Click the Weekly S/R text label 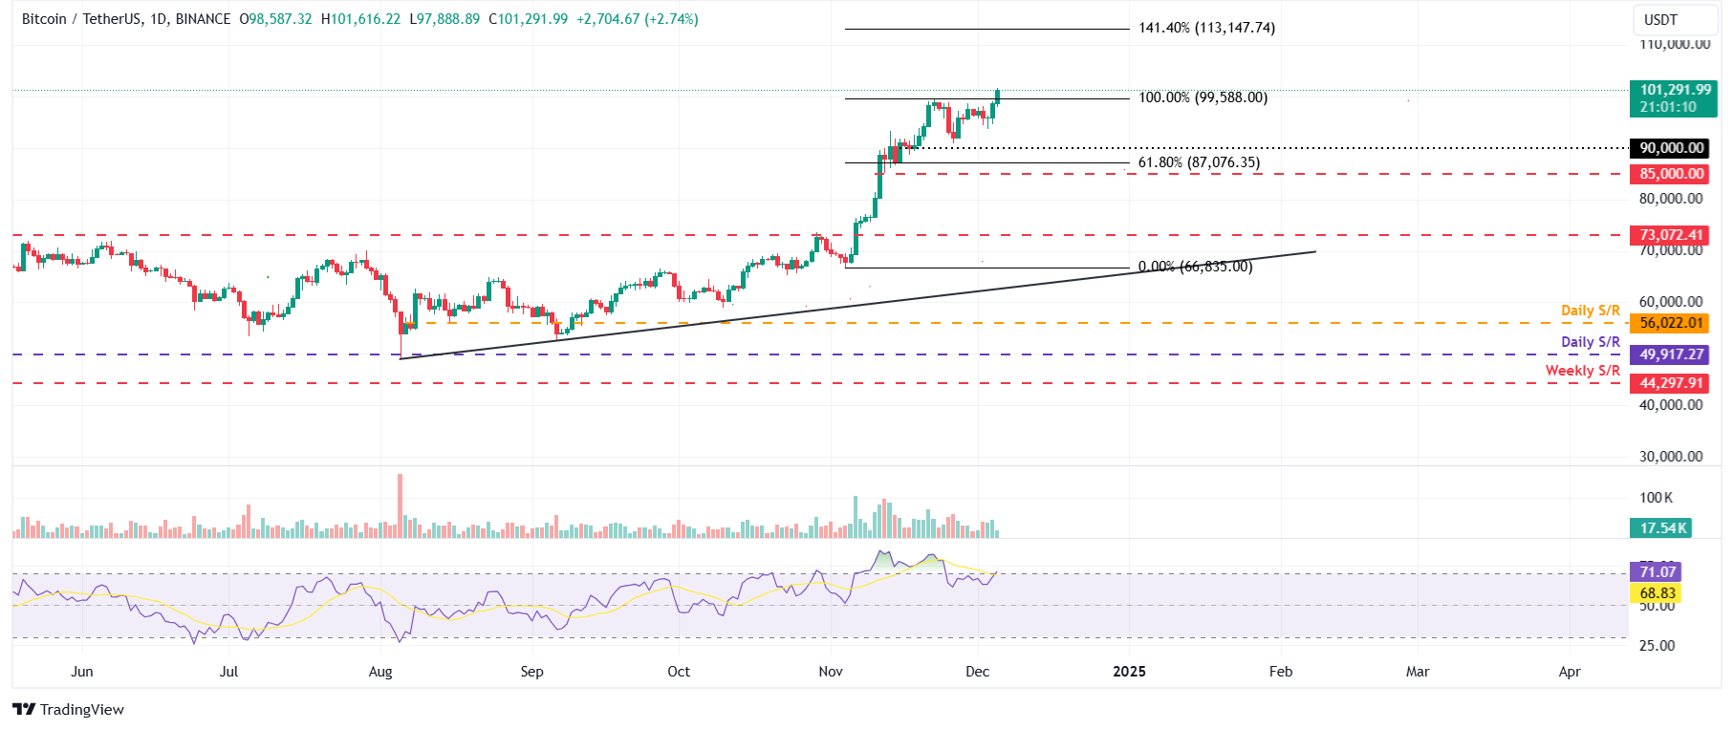tap(1582, 371)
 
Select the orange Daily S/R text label tap(1590, 311)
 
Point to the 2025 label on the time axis tap(1129, 672)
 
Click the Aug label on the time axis tap(380, 672)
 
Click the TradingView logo tap(68, 709)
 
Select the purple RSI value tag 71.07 tap(1657, 572)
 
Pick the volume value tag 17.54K tap(1662, 528)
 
